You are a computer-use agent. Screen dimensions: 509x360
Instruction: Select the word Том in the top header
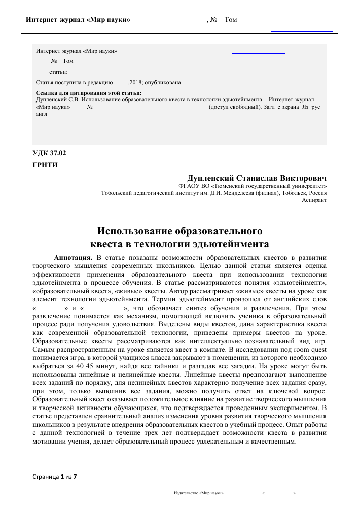coord(230,20)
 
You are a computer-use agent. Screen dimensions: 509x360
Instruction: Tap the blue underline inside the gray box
coord(176,64)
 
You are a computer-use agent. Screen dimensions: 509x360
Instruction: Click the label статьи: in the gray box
coord(58,72)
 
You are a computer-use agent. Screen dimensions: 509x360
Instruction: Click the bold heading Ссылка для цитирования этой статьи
coord(89,93)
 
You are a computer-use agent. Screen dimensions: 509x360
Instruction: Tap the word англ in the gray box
coord(42,114)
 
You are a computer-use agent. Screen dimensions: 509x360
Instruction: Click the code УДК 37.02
coord(49,153)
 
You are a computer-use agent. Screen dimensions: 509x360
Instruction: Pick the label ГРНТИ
coord(45,165)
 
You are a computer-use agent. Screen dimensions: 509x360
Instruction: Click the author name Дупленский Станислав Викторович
coord(257,178)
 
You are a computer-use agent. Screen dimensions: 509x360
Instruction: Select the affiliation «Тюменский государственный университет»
coord(274,186)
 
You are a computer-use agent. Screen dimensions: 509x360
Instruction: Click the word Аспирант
coord(314,200)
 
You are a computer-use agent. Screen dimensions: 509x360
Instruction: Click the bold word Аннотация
coord(73,257)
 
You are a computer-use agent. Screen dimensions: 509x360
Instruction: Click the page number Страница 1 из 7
coord(54,477)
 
